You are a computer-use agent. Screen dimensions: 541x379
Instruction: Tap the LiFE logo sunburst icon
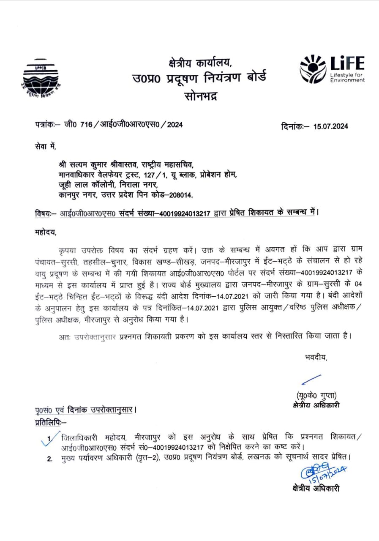coord(314,68)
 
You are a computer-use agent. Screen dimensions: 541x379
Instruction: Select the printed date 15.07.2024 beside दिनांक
coord(331,126)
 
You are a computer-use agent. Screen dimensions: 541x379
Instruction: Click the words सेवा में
coord(45,146)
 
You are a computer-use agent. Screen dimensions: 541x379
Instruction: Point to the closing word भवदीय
coord(316,358)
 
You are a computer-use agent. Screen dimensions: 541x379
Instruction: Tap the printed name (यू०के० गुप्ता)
coord(316,396)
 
